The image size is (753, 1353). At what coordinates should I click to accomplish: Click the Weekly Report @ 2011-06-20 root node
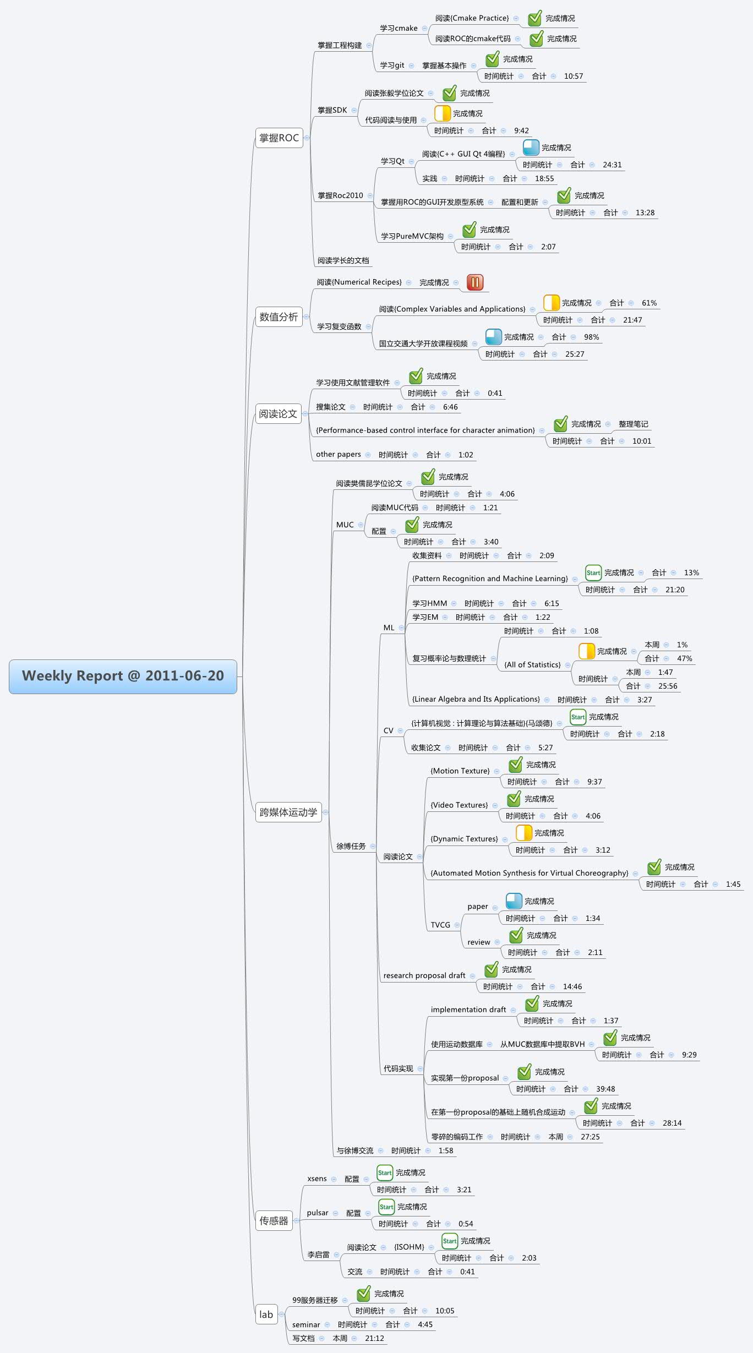(123, 676)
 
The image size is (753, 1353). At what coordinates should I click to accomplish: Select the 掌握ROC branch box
(279, 138)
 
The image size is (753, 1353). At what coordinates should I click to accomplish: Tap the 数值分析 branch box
(279, 317)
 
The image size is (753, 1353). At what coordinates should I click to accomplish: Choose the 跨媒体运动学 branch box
(288, 812)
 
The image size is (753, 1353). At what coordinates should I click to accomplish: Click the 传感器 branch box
(274, 1220)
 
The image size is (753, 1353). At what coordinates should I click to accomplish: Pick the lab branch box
(266, 1314)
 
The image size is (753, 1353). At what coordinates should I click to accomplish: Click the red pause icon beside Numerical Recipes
(474, 282)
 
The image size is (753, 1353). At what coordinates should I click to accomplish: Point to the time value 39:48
(605, 1089)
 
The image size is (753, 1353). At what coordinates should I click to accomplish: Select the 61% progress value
(649, 303)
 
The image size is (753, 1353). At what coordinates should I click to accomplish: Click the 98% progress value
(591, 337)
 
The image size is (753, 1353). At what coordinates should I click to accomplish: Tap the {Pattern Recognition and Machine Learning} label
(490, 579)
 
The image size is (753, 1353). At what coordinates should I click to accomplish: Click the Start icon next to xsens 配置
(384, 1172)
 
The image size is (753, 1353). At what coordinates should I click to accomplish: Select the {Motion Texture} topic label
(460, 771)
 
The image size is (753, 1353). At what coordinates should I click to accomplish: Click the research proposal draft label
(424, 975)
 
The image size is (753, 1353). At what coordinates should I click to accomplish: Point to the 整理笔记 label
(633, 424)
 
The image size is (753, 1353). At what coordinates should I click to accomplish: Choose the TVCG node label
(440, 925)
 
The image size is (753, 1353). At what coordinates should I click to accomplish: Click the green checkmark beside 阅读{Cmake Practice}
(534, 19)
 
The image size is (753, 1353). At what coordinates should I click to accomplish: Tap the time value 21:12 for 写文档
(374, 1338)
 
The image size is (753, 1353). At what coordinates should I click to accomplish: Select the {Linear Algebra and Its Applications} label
(476, 699)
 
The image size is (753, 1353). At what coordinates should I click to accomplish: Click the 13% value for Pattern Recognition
(691, 572)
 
